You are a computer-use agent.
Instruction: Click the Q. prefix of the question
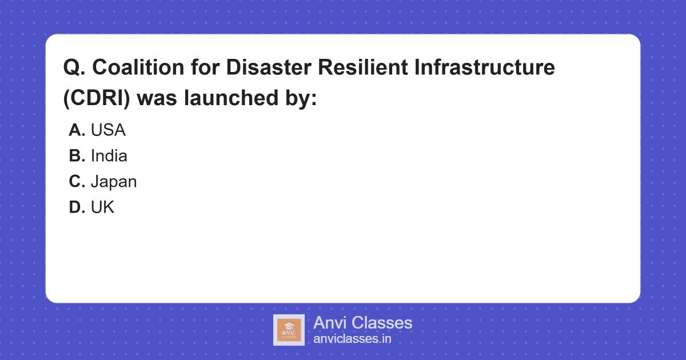pos(74,67)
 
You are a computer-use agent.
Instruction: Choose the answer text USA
pos(108,130)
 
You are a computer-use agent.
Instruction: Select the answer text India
pos(109,156)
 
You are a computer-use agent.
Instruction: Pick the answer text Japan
pos(114,182)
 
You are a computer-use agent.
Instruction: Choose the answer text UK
pos(102,207)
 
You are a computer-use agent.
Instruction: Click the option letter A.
pos(77,130)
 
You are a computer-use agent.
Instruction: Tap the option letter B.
pos(77,156)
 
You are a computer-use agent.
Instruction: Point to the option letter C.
pos(77,182)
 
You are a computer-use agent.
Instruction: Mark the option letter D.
pos(77,207)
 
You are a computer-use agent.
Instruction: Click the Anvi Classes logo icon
pos(289,330)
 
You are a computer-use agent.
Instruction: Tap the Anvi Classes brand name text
pos(362,323)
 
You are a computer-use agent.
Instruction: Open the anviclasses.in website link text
pos(352,339)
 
